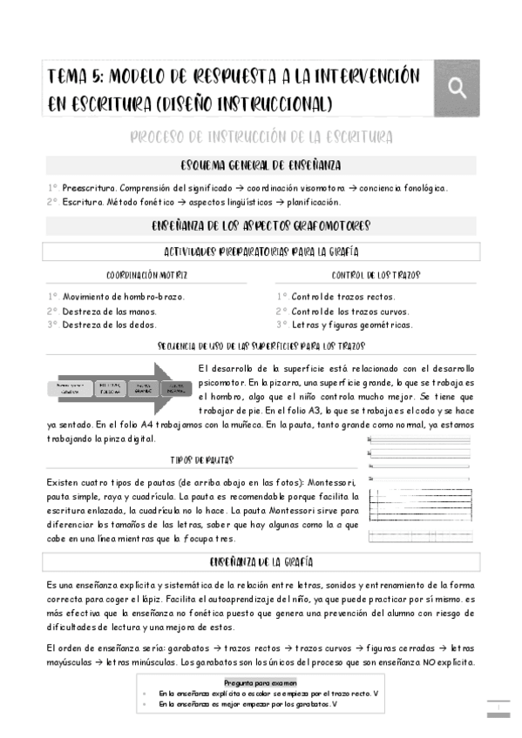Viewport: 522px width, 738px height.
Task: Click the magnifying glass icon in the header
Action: pyautogui.click(x=457, y=88)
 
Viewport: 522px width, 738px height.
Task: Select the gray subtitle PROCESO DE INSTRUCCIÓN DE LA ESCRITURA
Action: pyautogui.click(x=261, y=138)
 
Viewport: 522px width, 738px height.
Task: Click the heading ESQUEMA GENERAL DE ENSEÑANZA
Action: pyautogui.click(x=261, y=165)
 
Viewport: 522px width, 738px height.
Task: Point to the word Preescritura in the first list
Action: pyautogui.click(x=88, y=188)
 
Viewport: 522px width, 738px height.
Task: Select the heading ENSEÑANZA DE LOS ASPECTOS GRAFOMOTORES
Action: pyautogui.click(x=261, y=226)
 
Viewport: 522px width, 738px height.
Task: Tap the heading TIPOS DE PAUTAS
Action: pyautogui.click(x=201, y=460)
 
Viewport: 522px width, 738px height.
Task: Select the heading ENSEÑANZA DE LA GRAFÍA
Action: pyautogui.click(x=261, y=561)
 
